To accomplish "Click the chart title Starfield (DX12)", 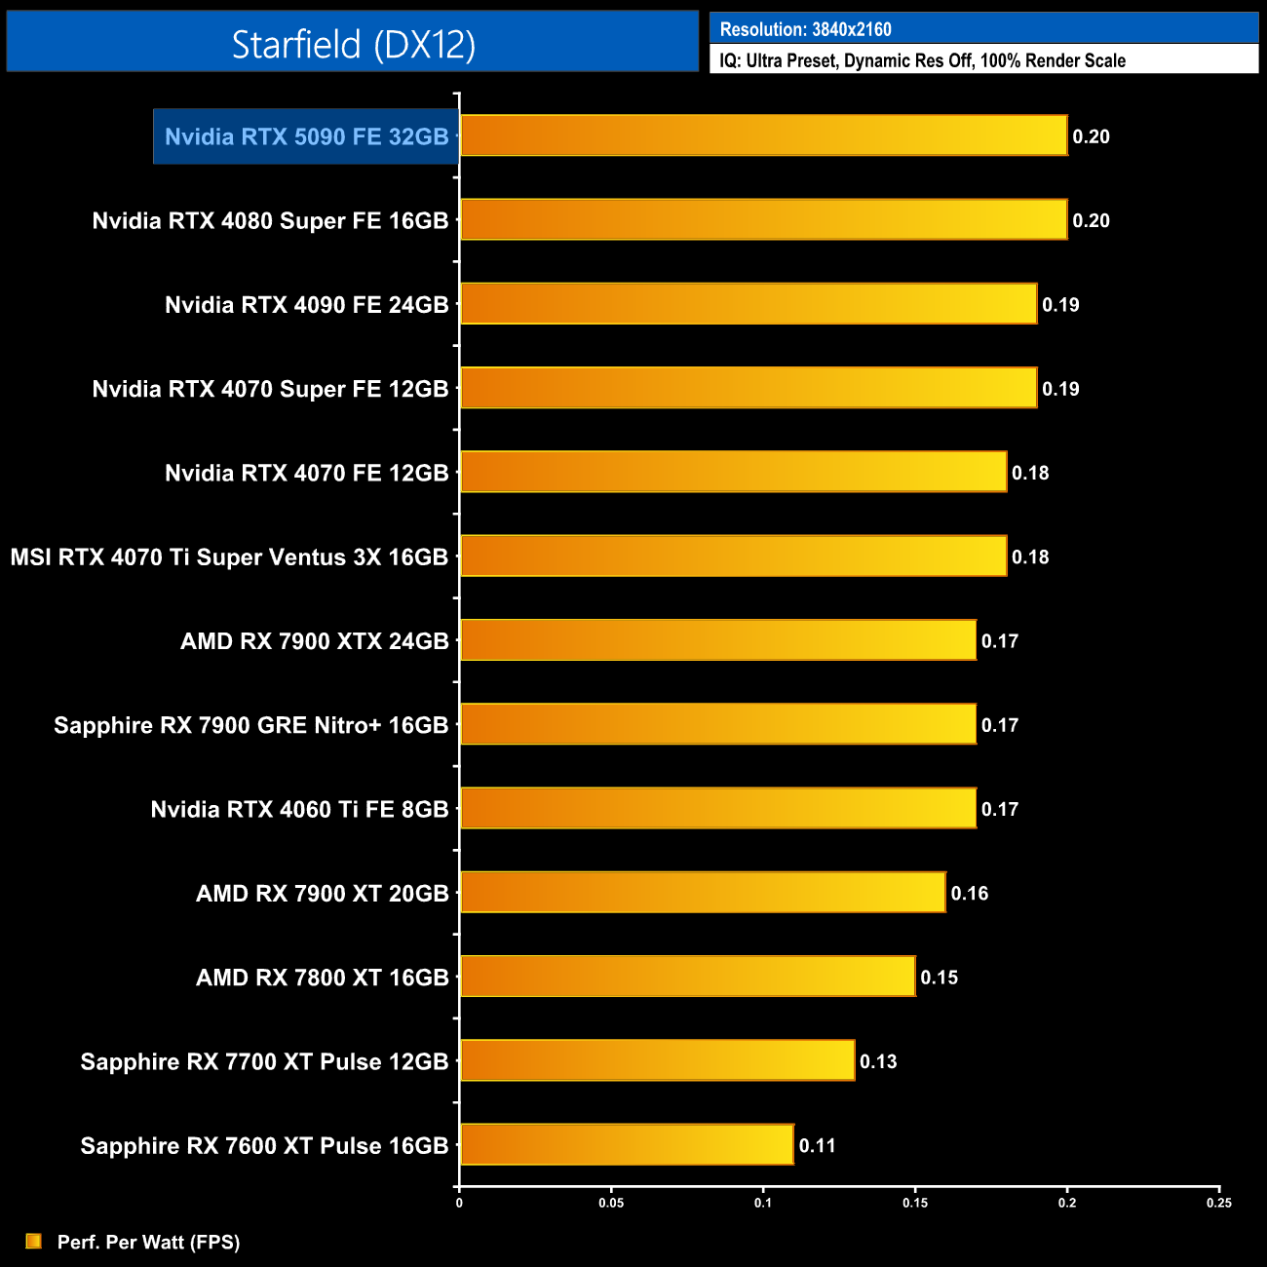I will [x=353, y=44].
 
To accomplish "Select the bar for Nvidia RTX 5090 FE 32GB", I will [x=763, y=135].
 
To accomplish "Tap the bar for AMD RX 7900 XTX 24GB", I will [x=717, y=640].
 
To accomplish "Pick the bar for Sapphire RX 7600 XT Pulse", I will [x=627, y=1144].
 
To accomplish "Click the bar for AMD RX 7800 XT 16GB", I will [x=687, y=977].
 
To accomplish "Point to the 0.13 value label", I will [x=878, y=1061].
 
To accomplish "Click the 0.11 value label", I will [x=818, y=1145].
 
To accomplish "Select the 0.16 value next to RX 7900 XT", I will [x=970, y=893].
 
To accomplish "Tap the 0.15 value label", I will [x=940, y=978].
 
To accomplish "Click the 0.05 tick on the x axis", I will [x=611, y=1203].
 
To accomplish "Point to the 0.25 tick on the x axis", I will [x=1219, y=1203].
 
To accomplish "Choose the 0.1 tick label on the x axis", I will [x=763, y=1203].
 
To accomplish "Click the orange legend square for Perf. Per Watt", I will [x=34, y=1241].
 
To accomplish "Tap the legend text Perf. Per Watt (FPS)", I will [x=148, y=1242].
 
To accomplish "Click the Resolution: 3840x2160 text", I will [x=805, y=29].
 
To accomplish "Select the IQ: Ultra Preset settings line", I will [x=922, y=60].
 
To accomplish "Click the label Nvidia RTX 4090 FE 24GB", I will [x=306, y=305].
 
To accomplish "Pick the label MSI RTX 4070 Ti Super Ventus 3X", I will [x=229, y=557].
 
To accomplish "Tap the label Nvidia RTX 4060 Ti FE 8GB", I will [x=299, y=809].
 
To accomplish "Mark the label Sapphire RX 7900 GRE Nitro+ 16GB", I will [x=250, y=725].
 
